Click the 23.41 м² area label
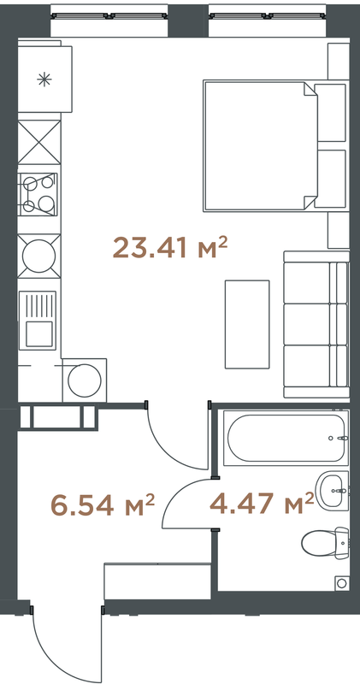pyautogui.click(x=170, y=248)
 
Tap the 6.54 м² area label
pyautogui.click(x=103, y=505)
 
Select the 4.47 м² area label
pyautogui.click(x=262, y=503)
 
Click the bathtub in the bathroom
pyautogui.click(x=286, y=438)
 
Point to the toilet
pyautogui.click(x=326, y=543)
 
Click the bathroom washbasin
pyautogui.click(x=333, y=491)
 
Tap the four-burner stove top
pyautogui.click(x=38, y=194)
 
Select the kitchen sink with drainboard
pyautogui.click(x=38, y=320)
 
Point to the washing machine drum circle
pyautogui.click(x=85, y=380)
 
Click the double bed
pyautogui.click(x=276, y=145)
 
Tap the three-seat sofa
pyautogui.click(x=316, y=324)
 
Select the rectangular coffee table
pyautogui.click(x=247, y=324)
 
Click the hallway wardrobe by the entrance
pyautogui.click(x=157, y=581)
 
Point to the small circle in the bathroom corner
pyautogui.click(x=342, y=583)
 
